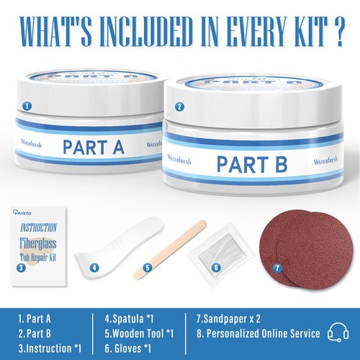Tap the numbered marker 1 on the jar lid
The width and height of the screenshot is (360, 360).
[27, 104]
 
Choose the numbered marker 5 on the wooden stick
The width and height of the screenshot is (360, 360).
[147, 267]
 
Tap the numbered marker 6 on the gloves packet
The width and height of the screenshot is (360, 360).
[216, 266]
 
